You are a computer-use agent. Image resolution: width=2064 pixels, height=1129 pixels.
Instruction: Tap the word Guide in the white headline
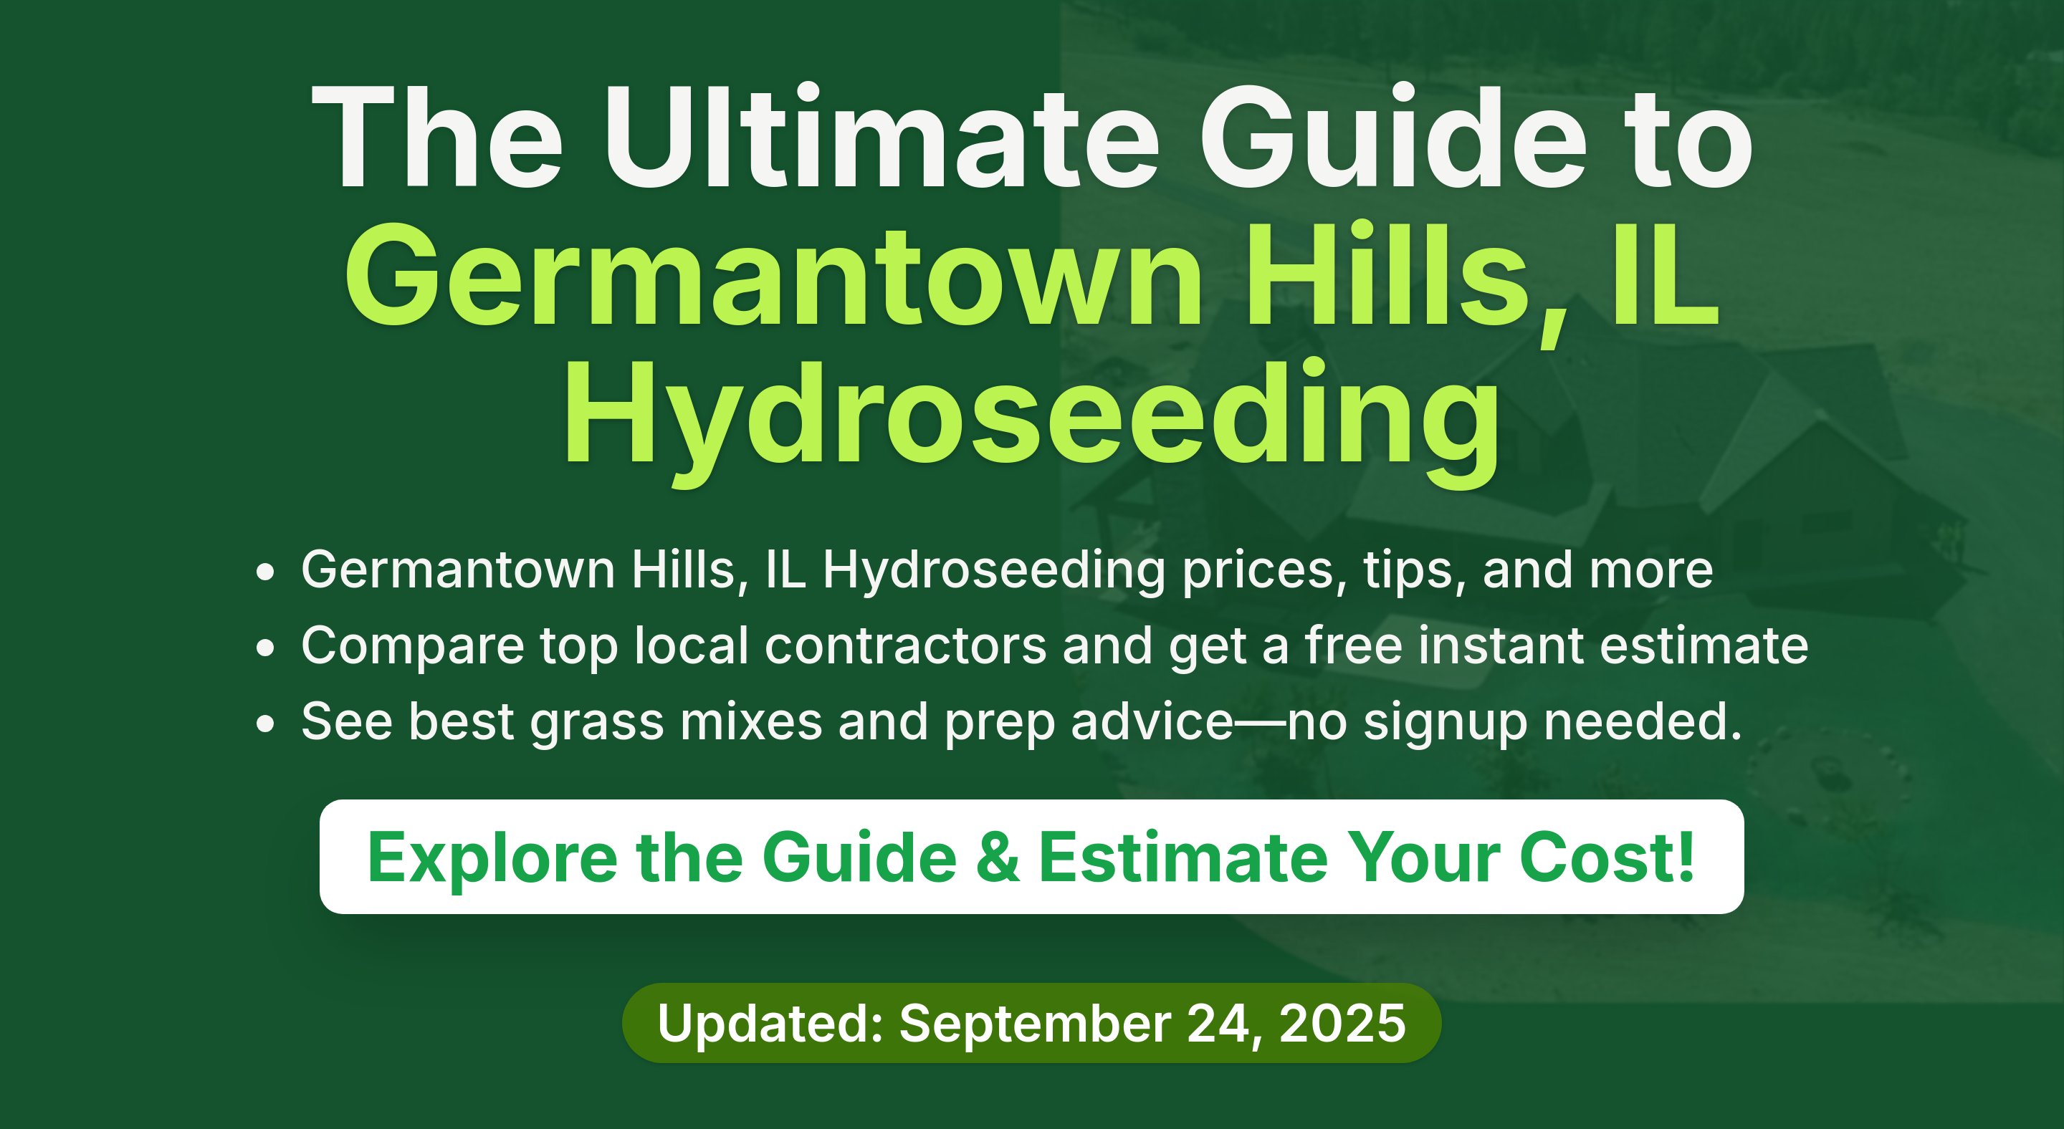pyautogui.click(x=1393, y=136)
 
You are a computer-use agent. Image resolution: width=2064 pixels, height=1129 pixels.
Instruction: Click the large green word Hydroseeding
pyautogui.click(x=1032, y=421)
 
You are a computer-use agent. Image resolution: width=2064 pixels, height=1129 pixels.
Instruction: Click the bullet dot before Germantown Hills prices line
pyautogui.click(x=265, y=572)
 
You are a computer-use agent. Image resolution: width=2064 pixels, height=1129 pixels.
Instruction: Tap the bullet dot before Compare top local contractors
pyautogui.click(x=265, y=648)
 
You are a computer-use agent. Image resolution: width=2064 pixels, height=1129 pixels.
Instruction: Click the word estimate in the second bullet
pyautogui.click(x=1704, y=645)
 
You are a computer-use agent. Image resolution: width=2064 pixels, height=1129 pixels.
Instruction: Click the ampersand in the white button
pyautogui.click(x=998, y=857)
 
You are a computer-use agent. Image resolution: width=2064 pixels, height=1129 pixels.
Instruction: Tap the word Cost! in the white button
pyautogui.click(x=1607, y=857)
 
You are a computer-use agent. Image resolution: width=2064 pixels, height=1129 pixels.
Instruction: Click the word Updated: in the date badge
pyautogui.click(x=770, y=1023)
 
